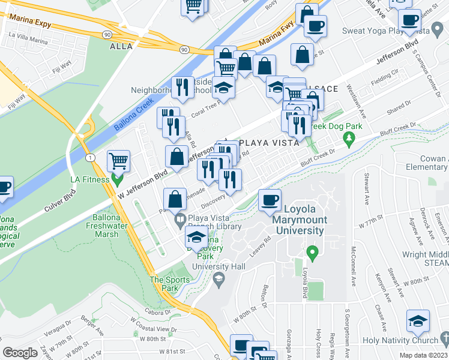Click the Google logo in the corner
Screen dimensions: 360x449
pyautogui.click(x=20, y=353)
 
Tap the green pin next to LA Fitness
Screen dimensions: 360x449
pyautogui.click(x=118, y=178)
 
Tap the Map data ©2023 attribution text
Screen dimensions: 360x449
pyautogui.click(x=424, y=355)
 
